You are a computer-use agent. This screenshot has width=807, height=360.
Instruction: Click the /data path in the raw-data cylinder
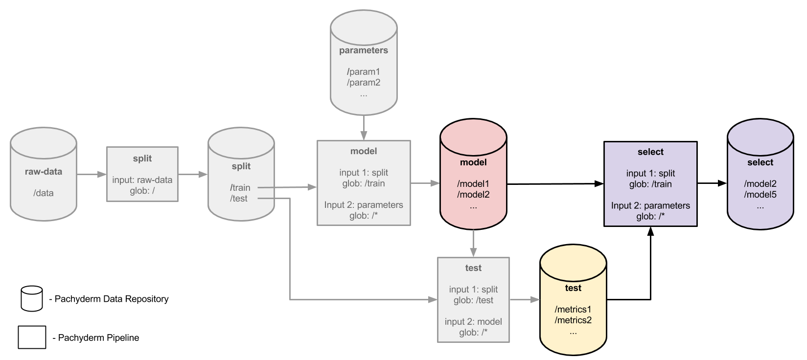(44, 193)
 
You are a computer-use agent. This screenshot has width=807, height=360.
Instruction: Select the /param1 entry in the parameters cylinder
(364, 71)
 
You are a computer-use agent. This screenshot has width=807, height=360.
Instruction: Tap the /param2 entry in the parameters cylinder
(364, 82)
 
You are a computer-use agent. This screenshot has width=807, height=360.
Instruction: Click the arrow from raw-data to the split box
(92, 174)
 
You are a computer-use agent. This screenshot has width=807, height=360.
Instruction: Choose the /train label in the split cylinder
(240, 187)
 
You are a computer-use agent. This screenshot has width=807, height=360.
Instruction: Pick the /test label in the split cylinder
(239, 198)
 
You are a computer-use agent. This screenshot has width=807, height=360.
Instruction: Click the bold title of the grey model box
(364, 151)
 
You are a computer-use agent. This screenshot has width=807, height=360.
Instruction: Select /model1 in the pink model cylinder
(473, 183)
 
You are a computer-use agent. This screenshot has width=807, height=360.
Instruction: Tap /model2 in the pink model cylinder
(473, 194)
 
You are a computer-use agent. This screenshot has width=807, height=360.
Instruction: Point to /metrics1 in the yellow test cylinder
(573, 309)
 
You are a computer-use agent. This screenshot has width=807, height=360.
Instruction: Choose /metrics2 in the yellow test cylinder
(573, 320)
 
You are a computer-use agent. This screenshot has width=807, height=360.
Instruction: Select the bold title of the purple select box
(650, 152)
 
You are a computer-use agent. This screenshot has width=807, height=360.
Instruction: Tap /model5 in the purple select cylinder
(760, 194)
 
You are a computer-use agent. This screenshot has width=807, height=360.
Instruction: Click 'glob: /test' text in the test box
(473, 300)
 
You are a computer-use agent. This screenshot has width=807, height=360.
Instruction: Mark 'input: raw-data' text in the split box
(142, 180)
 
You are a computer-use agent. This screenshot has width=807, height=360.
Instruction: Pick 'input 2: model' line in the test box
(473, 321)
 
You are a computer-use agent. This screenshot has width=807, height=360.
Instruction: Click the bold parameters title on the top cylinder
(364, 50)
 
